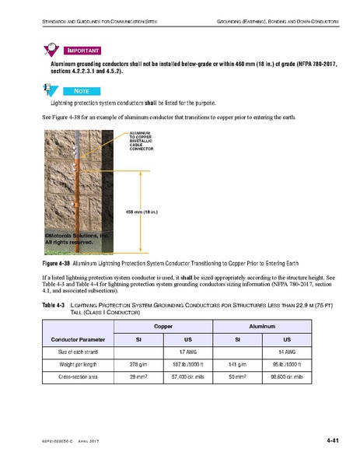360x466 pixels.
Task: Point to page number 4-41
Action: (334, 441)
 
